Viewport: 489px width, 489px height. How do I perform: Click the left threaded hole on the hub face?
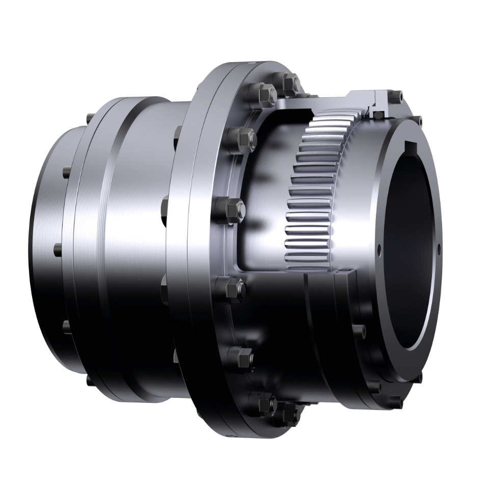[379, 250]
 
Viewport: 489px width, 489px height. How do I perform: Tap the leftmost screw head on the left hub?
[57, 249]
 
